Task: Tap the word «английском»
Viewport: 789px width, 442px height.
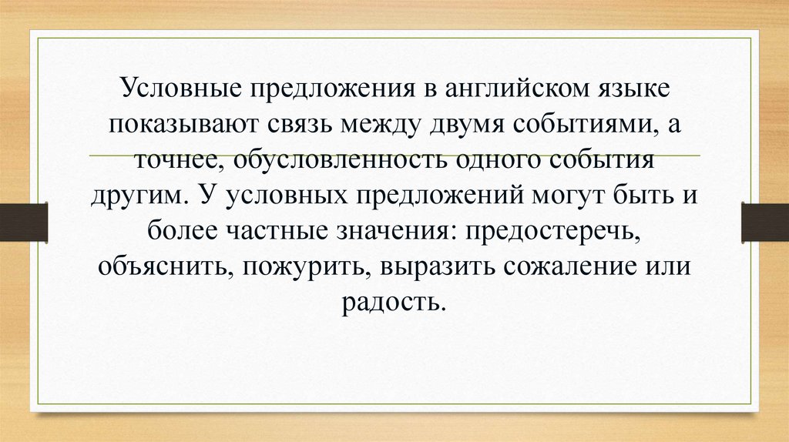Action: coord(514,87)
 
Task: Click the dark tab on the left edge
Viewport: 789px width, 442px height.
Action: coord(23,222)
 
